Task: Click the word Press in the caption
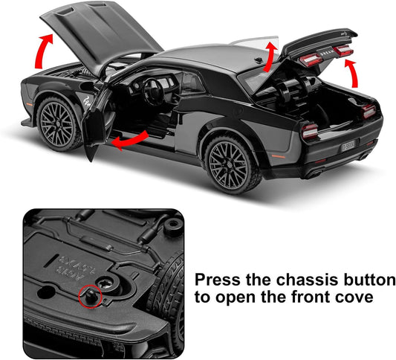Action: click(x=215, y=281)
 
